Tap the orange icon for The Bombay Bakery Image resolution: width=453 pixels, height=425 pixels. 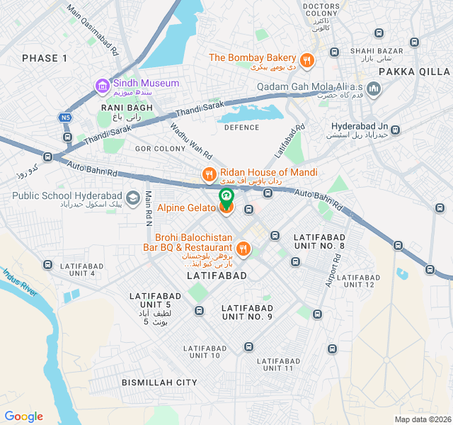(x=307, y=61)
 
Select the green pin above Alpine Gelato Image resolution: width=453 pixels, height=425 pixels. (x=226, y=195)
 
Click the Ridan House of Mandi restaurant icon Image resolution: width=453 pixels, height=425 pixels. (x=209, y=174)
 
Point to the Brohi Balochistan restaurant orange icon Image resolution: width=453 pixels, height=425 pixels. (x=243, y=248)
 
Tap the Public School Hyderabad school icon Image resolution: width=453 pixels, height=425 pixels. (x=132, y=196)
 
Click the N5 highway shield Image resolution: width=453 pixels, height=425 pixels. (x=66, y=118)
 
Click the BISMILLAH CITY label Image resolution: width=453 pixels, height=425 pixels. (x=159, y=382)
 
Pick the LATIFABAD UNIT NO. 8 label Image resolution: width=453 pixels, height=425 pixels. (x=319, y=241)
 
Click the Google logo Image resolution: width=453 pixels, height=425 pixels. (x=23, y=416)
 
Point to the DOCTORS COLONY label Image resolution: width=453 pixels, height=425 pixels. (x=321, y=10)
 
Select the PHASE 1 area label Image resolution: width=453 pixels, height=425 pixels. (x=45, y=58)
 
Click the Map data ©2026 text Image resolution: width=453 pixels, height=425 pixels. (x=422, y=419)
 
